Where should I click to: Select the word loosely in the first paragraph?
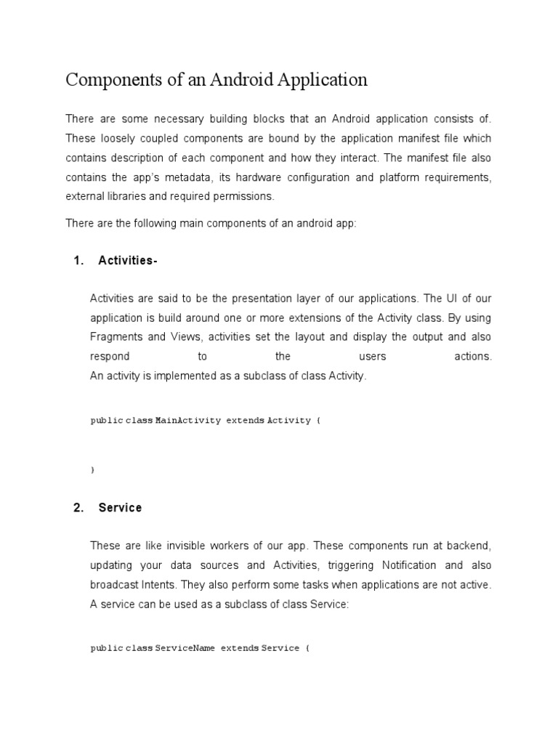pyautogui.click(x=114, y=138)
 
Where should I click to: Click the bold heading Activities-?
pyautogui.click(x=128, y=261)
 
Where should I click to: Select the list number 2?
pyautogui.click(x=78, y=508)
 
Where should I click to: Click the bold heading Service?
pyautogui.click(x=120, y=508)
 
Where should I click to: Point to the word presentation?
pyautogui.click(x=259, y=299)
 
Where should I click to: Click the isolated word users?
pyautogui.click(x=373, y=356)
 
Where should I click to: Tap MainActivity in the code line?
pyautogui.click(x=188, y=421)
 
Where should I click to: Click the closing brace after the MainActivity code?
pyautogui.click(x=92, y=470)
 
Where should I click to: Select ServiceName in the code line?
pyautogui.click(x=185, y=647)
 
